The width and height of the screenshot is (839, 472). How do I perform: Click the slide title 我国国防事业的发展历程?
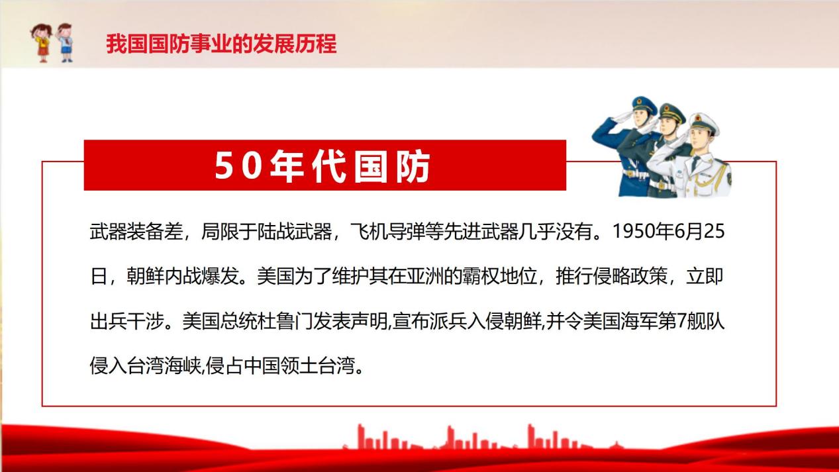221,44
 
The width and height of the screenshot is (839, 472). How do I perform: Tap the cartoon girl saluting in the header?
41,42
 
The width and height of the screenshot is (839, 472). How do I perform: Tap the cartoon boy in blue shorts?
65,42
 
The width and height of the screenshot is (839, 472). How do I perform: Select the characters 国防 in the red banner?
392,166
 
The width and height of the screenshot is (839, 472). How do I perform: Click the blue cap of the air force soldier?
644,105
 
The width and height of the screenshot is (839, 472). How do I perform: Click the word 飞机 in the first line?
369,231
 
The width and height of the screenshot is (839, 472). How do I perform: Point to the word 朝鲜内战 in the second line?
164,276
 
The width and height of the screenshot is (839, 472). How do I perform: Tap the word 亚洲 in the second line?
424,276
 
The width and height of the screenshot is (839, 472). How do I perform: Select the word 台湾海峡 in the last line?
164,365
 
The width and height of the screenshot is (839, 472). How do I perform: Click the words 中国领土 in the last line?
281,365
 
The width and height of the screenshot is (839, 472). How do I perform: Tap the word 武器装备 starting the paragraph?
127,231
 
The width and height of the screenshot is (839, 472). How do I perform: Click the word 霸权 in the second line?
481,276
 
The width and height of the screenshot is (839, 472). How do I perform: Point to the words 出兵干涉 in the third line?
127,321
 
